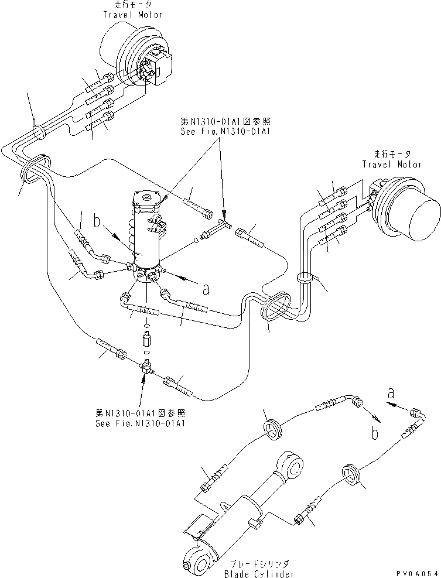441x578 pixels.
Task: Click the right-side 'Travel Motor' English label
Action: [x=391, y=165]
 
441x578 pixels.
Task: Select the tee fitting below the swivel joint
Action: [x=146, y=368]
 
